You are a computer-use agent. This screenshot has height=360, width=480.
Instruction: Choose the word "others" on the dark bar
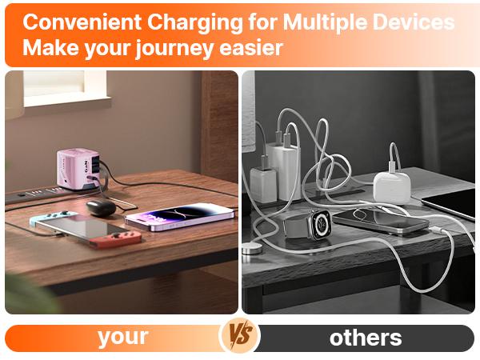click(366, 337)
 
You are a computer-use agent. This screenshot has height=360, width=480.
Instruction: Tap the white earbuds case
click(391, 186)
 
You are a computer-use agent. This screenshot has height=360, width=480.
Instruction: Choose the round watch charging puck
click(253, 250)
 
